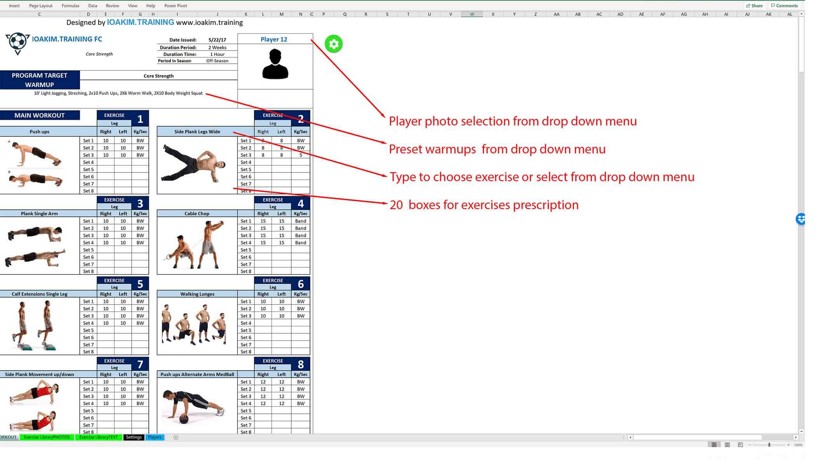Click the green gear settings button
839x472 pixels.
click(x=334, y=44)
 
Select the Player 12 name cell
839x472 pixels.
click(x=274, y=39)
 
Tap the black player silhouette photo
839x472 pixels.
click(x=275, y=64)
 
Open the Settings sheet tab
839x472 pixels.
click(x=134, y=437)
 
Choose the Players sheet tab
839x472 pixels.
click(x=155, y=437)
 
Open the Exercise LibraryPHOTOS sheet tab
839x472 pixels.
click(x=47, y=437)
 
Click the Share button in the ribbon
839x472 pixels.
click(x=754, y=6)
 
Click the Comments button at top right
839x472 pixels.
click(x=784, y=6)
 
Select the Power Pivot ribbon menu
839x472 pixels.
click(x=176, y=6)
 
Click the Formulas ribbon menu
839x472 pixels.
click(x=70, y=6)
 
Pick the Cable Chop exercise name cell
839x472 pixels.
click(x=197, y=214)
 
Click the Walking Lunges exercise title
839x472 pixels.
click(x=197, y=294)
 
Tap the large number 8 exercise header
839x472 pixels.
click(x=301, y=364)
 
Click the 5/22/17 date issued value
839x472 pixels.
click(x=217, y=40)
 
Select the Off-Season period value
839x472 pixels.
click(x=217, y=61)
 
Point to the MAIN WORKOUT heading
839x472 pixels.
click(x=40, y=115)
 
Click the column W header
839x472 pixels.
click(x=472, y=14)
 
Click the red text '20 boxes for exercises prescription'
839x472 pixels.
click(x=484, y=205)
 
